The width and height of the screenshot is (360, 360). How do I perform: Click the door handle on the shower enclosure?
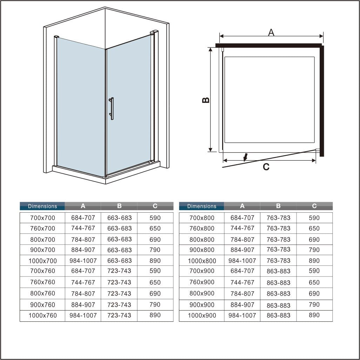point(112,109)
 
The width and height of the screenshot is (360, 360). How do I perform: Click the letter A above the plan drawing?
point(271,32)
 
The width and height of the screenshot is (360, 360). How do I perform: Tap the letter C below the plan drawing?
point(266,167)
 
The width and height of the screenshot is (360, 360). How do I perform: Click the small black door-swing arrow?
point(246,157)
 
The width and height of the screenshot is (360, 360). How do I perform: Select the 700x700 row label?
point(42,218)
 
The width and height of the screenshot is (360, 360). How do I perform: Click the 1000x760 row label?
point(42,315)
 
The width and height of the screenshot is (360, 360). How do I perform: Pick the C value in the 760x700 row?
point(155,228)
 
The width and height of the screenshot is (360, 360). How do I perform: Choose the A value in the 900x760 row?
point(83,305)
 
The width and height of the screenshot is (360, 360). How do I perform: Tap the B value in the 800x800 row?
point(278,240)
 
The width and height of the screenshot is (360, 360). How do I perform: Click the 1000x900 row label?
point(202,315)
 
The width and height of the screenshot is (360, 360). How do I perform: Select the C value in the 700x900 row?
point(314,271)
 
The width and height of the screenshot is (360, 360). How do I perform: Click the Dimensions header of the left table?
point(42,206)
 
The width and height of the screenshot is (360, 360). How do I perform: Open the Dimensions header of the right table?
point(202,206)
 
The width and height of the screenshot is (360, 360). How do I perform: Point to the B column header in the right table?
point(278,206)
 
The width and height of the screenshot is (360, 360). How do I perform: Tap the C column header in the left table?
point(155,206)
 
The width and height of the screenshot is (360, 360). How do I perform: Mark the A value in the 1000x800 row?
point(242,261)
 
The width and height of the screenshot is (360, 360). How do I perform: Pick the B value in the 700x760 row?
point(119,271)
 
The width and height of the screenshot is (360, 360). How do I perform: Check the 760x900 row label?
point(202,282)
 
